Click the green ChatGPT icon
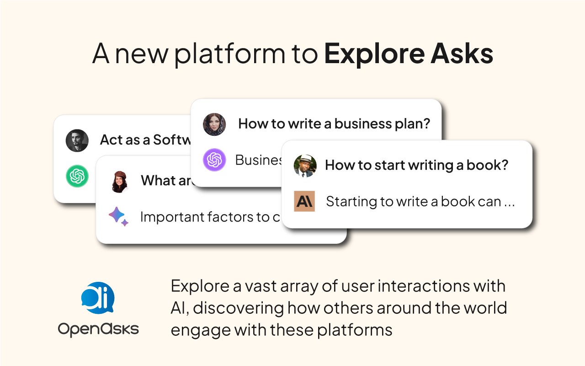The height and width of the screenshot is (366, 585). coord(77,176)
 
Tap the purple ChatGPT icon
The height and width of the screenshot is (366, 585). coord(214,160)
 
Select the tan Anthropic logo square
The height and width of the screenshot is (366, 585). coord(304,201)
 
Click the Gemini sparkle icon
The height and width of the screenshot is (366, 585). coord(118,216)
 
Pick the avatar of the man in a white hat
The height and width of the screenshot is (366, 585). coord(305,166)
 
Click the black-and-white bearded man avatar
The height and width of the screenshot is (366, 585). coord(77,140)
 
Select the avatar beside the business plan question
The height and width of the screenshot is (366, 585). coord(214,124)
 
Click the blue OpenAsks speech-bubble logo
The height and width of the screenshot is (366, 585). coord(98,298)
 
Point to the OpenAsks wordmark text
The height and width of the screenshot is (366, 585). coord(98,329)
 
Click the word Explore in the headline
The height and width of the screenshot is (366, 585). coord(374,54)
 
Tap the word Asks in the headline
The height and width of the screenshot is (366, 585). coord(462,54)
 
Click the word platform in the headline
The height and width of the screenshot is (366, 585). coord(230,54)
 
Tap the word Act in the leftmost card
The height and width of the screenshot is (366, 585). coord(110,140)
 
